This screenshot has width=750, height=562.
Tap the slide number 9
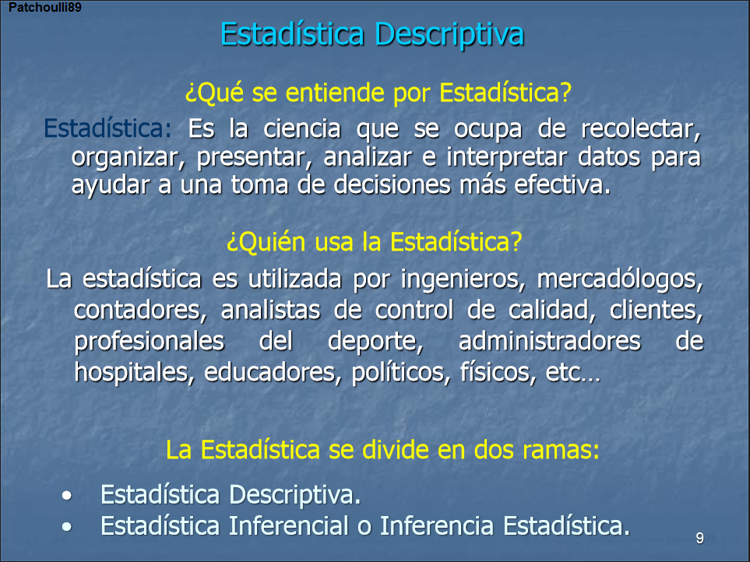(x=699, y=539)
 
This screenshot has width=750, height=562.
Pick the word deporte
(x=376, y=341)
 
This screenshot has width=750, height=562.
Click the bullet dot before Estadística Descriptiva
(x=70, y=496)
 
